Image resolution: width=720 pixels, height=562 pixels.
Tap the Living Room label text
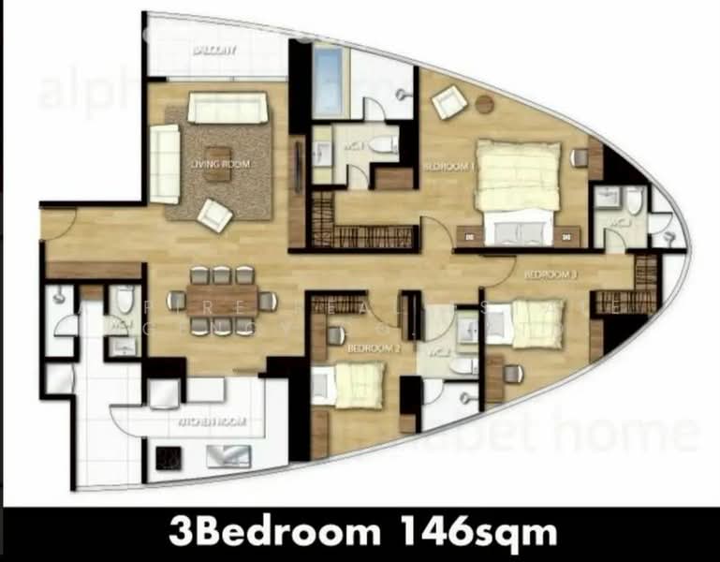coord(221,164)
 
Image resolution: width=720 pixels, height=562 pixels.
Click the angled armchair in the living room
coord(215,215)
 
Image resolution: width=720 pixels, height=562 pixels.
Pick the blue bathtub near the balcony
coord(328,70)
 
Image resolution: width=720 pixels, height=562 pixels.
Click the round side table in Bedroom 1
coord(484,103)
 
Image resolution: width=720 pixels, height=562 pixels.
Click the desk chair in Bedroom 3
coord(513,373)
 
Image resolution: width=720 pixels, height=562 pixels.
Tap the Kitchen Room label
coord(213,422)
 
